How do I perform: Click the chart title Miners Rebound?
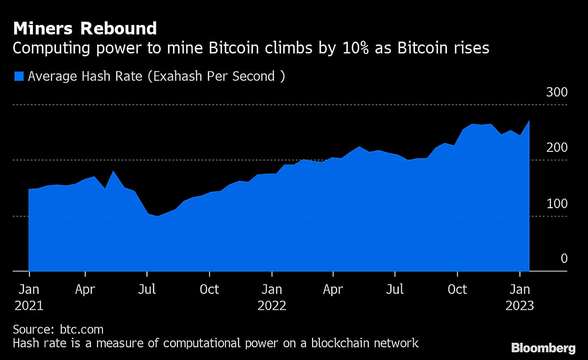85,28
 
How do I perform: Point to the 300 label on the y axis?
557,93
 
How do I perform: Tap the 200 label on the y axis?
557,148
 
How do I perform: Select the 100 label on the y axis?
557,204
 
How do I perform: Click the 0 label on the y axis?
564,259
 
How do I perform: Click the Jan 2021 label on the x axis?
29,297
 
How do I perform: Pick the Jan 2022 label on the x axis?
272,297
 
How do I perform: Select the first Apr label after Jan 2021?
85,289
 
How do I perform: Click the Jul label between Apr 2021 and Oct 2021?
147,289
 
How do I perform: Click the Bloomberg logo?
543,348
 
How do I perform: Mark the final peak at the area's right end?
529,120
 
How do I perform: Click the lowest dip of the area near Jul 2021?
157,216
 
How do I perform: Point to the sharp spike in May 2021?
114,171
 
